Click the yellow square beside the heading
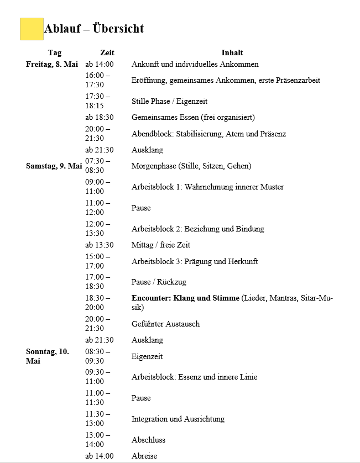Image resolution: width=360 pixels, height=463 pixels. pyautogui.click(x=32, y=29)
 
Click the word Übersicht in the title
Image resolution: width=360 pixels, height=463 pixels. pyautogui.click(x=118, y=29)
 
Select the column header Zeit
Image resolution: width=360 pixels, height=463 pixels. pyautogui.click(x=107, y=53)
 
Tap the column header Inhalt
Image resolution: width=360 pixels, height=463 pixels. pyautogui.click(x=232, y=53)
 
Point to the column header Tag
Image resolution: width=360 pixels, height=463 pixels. pyautogui.click(x=55, y=53)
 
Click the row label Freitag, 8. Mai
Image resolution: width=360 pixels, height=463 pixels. pyautogui.click(x=52, y=64)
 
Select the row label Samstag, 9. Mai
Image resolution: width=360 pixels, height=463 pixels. pyautogui.click(x=54, y=166)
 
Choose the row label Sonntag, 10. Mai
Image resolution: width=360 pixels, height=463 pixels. pyautogui.click(x=48, y=356)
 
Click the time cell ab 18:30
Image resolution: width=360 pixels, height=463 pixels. pyautogui.click(x=100, y=117)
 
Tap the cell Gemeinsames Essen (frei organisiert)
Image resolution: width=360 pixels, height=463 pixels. pyautogui.click(x=193, y=117)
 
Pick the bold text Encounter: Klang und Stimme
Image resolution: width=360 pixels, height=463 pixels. pyautogui.click(x=185, y=298)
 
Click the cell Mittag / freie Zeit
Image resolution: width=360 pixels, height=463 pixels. pyautogui.click(x=161, y=245)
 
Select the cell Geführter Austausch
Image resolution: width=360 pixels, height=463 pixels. pyautogui.click(x=165, y=324)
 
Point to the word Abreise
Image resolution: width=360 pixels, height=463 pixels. pyautogui.click(x=144, y=456)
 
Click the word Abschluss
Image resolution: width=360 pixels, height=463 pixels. pyautogui.click(x=148, y=440)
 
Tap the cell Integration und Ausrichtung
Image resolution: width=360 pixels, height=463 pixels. pyautogui.click(x=178, y=419)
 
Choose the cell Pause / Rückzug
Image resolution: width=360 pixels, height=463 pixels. pyautogui.click(x=159, y=282)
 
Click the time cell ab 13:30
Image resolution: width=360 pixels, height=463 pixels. pyautogui.click(x=100, y=245)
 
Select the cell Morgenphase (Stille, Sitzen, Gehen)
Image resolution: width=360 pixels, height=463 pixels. pyautogui.click(x=191, y=166)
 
